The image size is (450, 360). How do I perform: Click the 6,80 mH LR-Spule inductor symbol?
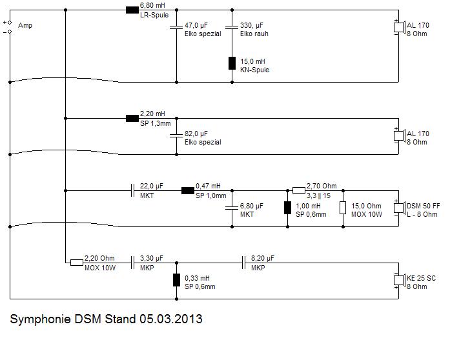pos(132,10)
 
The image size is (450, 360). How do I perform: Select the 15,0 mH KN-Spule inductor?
pos(232,63)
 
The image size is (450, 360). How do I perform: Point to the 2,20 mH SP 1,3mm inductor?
pos(132,118)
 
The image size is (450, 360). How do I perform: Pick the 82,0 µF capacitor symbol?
pos(176,135)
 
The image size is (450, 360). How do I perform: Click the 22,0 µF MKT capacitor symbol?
pos(132,190)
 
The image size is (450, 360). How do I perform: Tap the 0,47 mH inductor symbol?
pos(188,190)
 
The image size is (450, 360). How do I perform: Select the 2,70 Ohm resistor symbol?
pos(298,190)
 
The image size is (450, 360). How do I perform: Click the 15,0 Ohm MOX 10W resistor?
pos(343,208)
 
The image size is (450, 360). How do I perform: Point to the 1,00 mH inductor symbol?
pos(287,208)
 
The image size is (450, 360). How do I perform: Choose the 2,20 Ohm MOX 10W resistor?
pos(76,263)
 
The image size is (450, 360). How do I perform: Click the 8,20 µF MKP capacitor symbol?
pos(243,263)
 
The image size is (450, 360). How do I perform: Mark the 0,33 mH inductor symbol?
pos(176,280)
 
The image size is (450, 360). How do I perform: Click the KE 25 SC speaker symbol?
pos(398,281)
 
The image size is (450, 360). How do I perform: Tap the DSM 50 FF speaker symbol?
pos(398,208)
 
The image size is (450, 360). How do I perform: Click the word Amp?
pos(25,26)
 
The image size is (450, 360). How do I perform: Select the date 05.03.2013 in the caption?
pos(170,319)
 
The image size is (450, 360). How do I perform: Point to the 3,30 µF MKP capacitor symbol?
pos(132,263)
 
